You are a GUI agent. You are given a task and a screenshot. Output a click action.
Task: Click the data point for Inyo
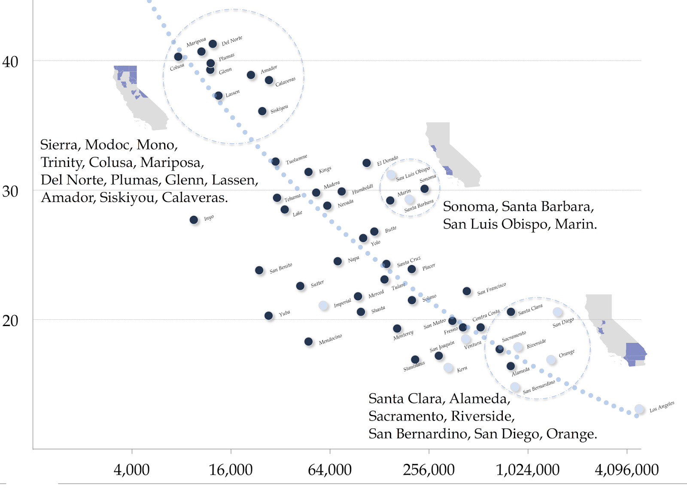coord(194,220)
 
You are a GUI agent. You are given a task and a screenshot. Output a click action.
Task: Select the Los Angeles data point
coord(639,409)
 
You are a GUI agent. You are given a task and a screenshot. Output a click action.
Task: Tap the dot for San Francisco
coord(467,291)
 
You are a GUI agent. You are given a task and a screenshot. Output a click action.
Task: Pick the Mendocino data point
coord(308,342)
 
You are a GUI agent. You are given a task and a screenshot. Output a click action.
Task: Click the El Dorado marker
coord(366,163)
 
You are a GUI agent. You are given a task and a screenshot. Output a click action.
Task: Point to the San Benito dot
coord(259,270)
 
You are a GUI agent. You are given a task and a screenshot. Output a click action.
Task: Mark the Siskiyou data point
coord(262,111)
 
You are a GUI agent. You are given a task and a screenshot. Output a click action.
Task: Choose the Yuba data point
coord(268,316)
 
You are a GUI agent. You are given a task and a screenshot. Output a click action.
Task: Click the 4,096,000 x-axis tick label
coord(626,470)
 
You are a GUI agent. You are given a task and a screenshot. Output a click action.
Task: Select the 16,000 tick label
coord(231,470)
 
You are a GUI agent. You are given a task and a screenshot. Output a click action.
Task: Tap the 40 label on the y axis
coord(10,62)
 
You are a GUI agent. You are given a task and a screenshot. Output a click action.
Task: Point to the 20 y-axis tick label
coord(10,321)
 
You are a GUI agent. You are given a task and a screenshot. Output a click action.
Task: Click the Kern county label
coord(462,369)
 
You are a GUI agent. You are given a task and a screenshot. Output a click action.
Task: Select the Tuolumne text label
coord(297,159)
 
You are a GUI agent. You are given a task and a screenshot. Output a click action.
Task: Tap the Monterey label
coord(403,335)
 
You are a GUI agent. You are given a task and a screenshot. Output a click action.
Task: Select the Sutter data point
coord(300,286)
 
